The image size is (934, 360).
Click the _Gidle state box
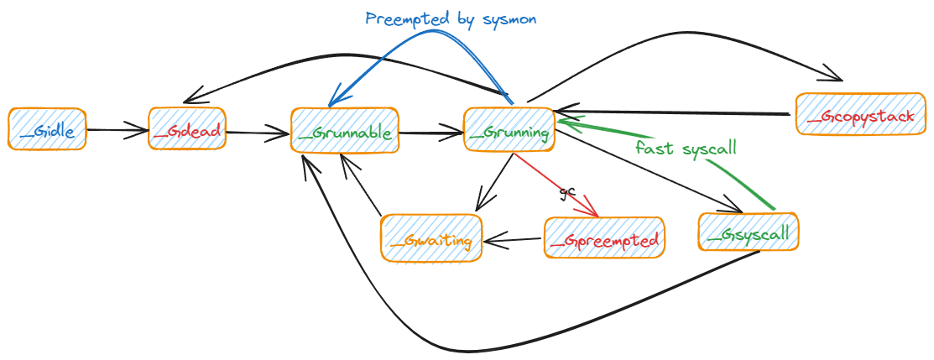(x=47, y=129)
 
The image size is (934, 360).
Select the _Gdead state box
(x=187, y=129)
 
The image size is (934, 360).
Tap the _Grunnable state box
(x=344, y=131)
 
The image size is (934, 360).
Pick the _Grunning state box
(x=509, y=130)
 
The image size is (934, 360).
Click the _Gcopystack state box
(x=860, y=114)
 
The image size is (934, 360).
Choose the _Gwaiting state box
(x=431, y=238)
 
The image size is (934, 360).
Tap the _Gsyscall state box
(x=749, y=232)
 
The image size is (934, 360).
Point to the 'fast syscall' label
(x=686, y=149)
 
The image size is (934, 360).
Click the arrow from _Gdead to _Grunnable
(x=257, y=132)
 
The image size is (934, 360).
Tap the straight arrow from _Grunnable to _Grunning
(x=430, y=132)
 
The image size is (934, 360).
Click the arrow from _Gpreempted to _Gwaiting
(x=513, y=241)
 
